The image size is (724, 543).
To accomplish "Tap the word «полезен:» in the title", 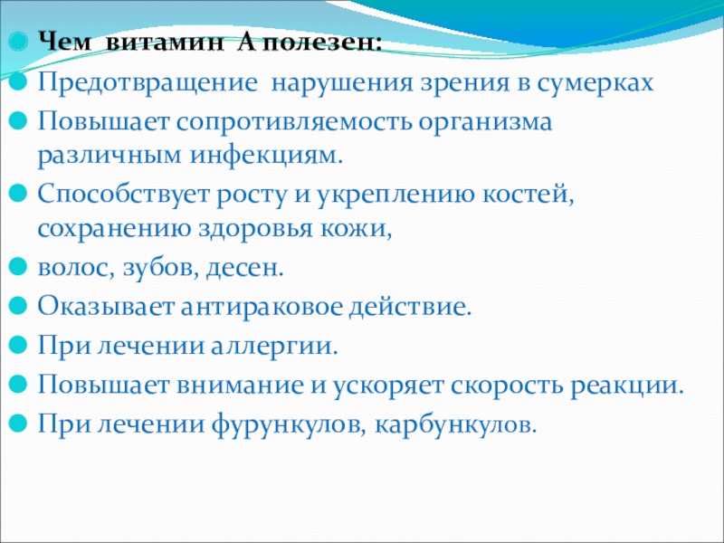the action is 324,43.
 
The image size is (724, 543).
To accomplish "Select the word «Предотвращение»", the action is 148,84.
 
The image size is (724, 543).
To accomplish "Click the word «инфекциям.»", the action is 267,156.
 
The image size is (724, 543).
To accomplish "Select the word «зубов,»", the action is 161,268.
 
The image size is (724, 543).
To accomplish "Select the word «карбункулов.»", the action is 456,424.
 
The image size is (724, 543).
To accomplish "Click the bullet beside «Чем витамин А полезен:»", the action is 18,43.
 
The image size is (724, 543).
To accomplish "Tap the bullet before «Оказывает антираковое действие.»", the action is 18,306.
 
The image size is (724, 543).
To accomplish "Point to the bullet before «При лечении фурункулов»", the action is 18,423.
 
